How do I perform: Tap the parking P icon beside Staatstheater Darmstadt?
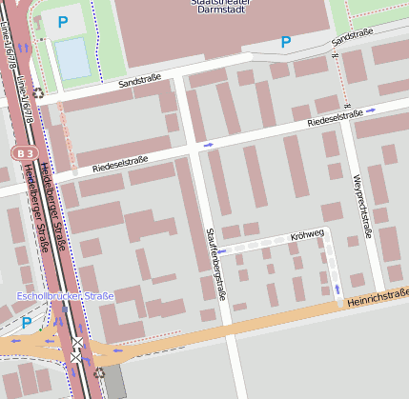(285, 42)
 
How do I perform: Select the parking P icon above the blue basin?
(63, 21)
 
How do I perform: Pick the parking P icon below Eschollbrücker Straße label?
(26, 323)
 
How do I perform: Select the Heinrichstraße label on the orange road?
(378, 299)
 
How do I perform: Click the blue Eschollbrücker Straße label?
(65, 296)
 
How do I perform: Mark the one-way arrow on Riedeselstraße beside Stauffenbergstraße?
(208, 145)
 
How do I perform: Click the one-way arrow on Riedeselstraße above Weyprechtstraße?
(371, 110)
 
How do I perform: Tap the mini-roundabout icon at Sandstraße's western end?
(38, 93)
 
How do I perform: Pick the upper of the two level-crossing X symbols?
(76, 343)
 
